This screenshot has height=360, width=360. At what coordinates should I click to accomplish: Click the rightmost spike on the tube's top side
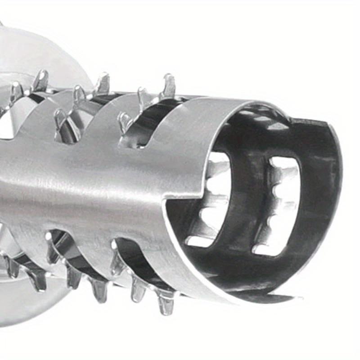(x=169, y=85)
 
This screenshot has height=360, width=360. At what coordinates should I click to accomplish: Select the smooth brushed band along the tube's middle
(x=90, y=180)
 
